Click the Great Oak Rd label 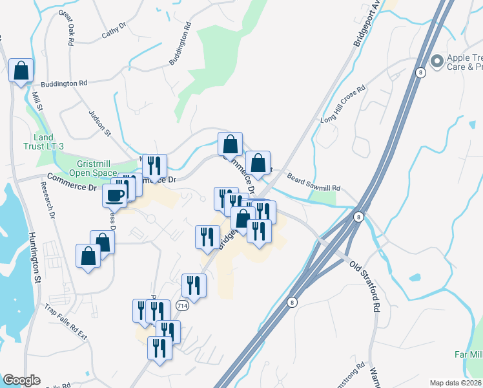pyautogui.click(x=67, y=28)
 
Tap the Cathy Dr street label pyautogui.click(x=114, y=30)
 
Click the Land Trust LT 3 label pyautogui.click(x=48, y=142)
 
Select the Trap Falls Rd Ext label pyautogui.click(x=66, y=321)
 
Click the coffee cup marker pyautogui.click(x=116, y=195)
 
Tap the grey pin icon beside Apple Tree pyautogui.click(x=437, y=61)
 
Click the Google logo pyautogui.click(x=21, y=380)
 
